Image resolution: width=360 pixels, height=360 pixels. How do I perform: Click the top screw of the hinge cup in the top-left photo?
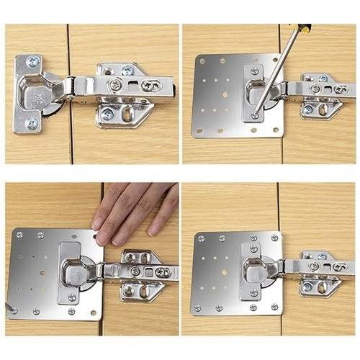[x=32, y=63]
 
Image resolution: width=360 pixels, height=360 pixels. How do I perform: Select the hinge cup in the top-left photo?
[x=41, y=94]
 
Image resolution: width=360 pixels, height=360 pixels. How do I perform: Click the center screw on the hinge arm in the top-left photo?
[x=116, y=86]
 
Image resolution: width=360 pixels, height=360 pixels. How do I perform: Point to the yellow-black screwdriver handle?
[x=305, y=28]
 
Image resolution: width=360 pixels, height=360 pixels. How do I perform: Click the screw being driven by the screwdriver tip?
[x=255, y=114]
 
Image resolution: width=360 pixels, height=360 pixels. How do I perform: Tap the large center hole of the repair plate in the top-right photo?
[x=225, y=94]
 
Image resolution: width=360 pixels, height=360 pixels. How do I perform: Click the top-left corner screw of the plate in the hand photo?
[x=19, y=234]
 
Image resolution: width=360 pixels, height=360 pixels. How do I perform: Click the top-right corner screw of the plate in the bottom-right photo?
[x=274, y=238]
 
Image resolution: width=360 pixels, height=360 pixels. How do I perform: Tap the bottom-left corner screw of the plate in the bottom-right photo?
[x=198, y=308]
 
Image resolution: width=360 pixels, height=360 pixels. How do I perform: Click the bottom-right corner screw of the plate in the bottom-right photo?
[x=274, y=307]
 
